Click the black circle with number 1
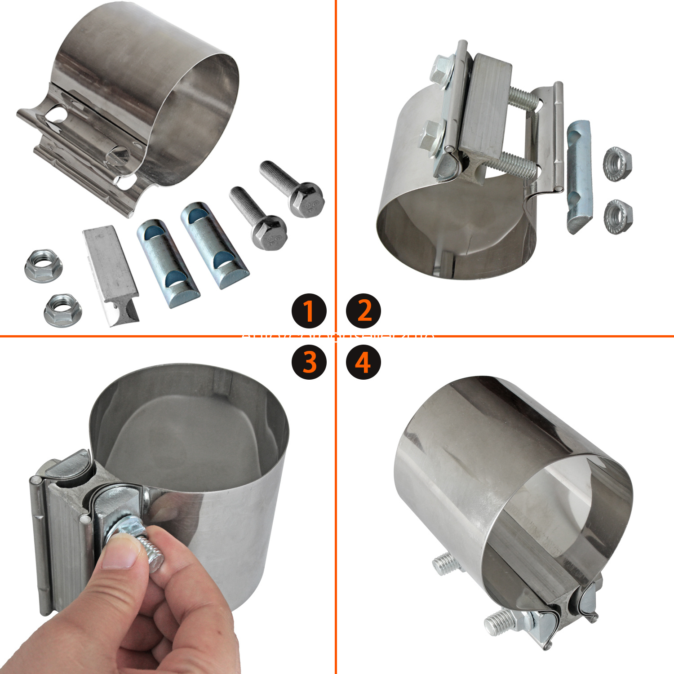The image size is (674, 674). pos(309,310)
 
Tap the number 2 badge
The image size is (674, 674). pos(364,310)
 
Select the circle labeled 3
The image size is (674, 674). pos(309,362)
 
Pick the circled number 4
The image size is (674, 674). pos(364,362)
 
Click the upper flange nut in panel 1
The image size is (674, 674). pos(43,266)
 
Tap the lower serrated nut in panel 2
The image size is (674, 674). pos(618,217)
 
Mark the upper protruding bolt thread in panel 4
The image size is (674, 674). pos(444,562)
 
